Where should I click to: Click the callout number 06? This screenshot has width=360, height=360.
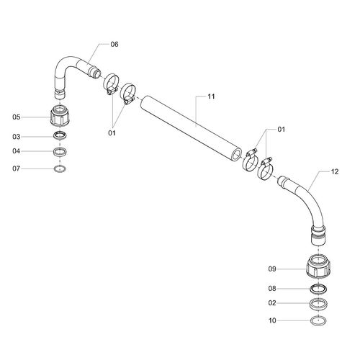point(114,45)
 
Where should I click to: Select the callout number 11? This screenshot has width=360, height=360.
point(211,96)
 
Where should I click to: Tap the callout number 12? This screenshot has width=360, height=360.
point(335,171)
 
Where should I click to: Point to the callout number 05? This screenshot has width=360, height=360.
point(17,117)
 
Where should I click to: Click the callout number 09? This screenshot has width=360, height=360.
point(272,269)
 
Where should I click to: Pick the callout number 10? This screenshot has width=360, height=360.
point(272,320)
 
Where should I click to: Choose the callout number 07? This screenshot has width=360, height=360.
point(17,168)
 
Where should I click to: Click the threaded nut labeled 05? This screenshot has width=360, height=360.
point(60,115)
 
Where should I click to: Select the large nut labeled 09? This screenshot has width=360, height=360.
point(318,266)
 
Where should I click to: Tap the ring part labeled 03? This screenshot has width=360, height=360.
point(60,135)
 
